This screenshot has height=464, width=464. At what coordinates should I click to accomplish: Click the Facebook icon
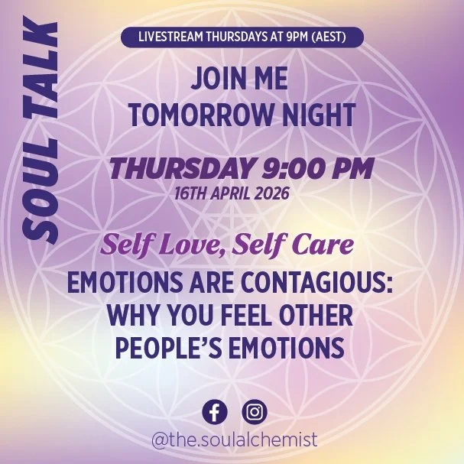point(214,412)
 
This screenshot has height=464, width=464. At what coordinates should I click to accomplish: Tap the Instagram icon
point(255,412)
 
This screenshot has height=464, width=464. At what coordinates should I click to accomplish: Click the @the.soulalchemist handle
point(234,441)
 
